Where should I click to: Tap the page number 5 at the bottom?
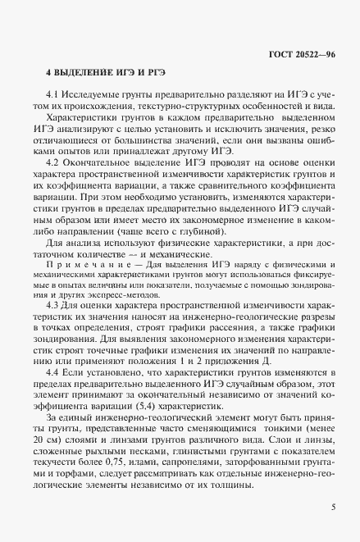click(332, 507)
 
